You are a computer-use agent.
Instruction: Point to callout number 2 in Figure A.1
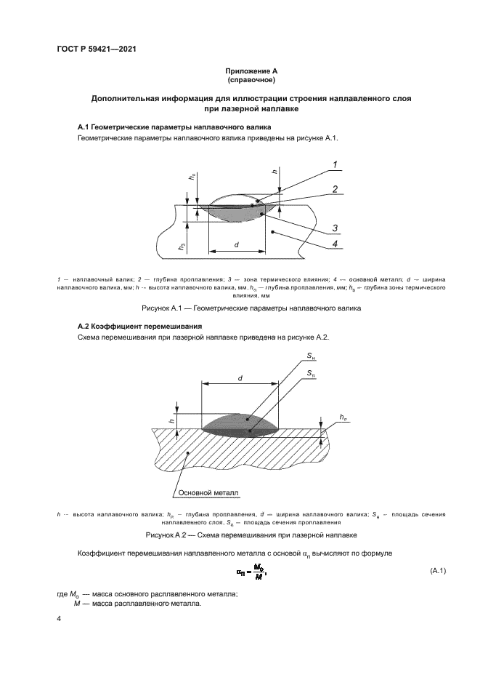335,188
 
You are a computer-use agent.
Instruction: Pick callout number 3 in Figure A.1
335,228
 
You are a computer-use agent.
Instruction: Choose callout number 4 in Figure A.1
335,244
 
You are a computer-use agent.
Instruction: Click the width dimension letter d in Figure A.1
237,245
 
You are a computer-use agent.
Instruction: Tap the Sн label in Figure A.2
311,356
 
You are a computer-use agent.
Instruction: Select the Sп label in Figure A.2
311,373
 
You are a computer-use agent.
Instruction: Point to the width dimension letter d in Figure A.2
239,377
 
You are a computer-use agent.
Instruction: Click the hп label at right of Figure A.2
342,417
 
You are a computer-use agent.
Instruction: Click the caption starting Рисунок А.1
239,308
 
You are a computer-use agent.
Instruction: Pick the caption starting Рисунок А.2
239,535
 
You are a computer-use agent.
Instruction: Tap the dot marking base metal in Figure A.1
272,231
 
